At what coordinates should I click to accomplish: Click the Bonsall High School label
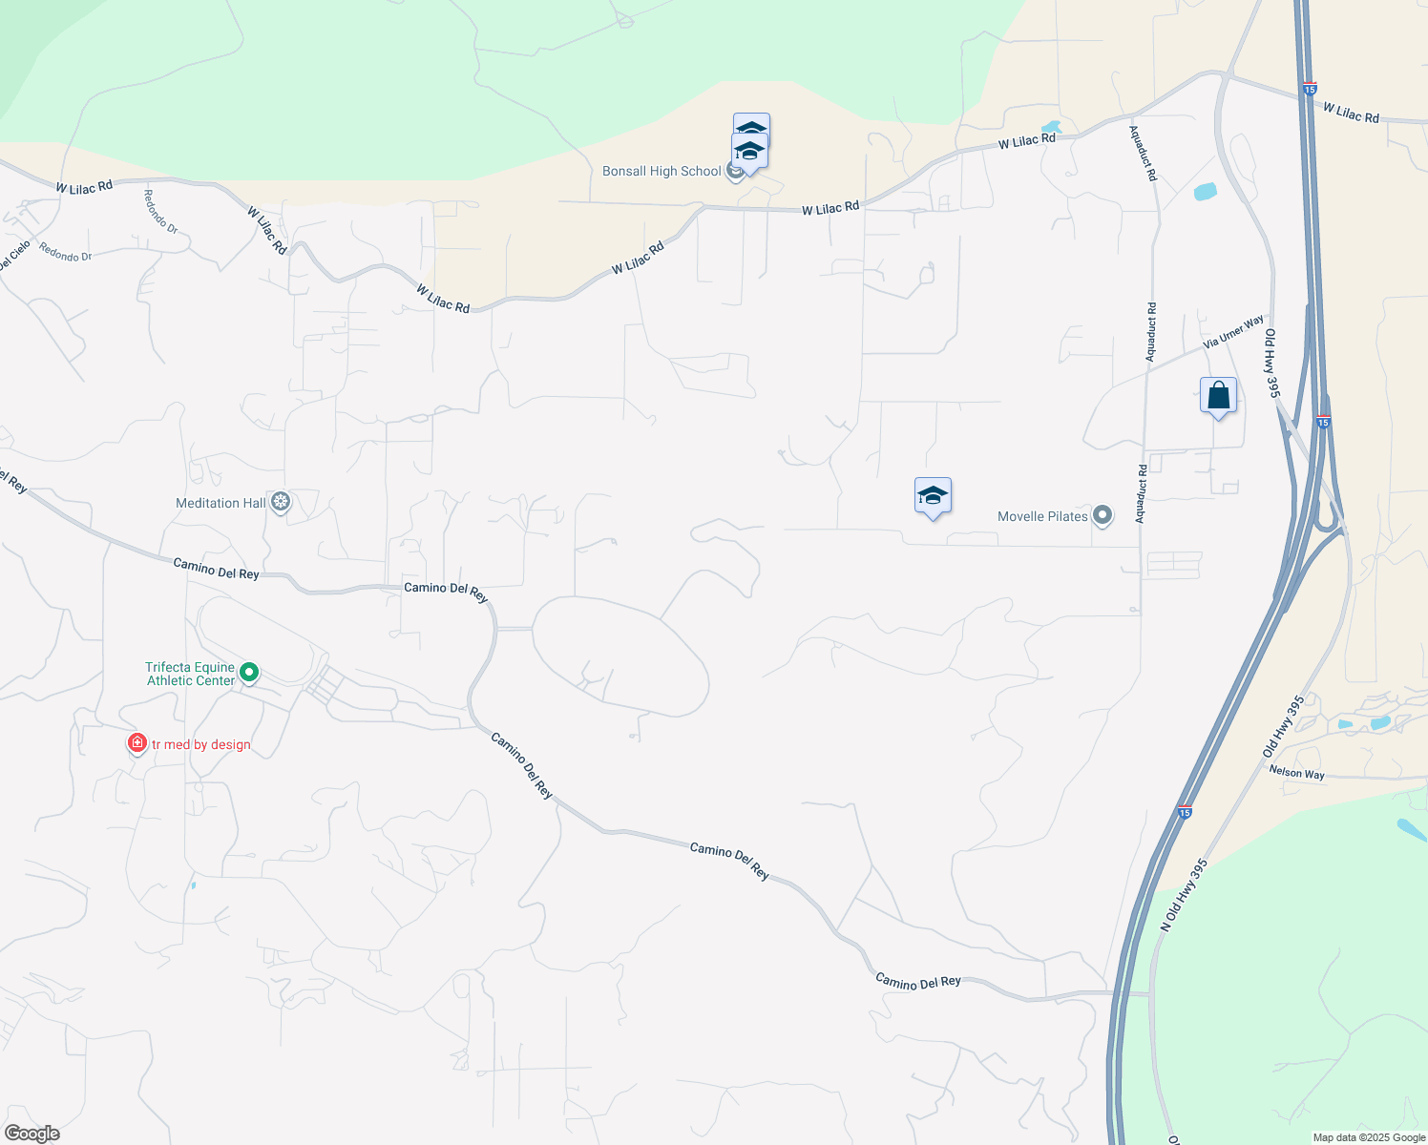(661, 172)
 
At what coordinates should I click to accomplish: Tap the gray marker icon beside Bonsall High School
(734, 172)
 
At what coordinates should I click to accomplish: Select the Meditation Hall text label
(220, 503)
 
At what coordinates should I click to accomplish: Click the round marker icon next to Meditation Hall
(280, 502)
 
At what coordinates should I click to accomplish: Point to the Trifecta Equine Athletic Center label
(190, 674)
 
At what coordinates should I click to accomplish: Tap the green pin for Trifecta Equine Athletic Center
(249, 673)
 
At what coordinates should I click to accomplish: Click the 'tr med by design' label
(201, 744)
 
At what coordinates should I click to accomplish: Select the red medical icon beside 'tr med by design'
(137, 742)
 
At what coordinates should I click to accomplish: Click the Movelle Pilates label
(1042, 516)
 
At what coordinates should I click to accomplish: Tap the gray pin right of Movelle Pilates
(1102, 516)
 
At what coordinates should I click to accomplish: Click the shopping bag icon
(1218, 395)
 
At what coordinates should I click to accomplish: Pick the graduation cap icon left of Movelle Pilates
(933, 495)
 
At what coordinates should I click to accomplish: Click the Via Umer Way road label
(1233, 331)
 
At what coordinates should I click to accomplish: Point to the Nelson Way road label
(1296, 773)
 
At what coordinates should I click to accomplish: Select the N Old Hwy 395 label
(1185, 895)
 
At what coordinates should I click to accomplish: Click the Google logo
(32, 1134)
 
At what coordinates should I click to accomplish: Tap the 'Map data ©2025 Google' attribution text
(1369, 1137)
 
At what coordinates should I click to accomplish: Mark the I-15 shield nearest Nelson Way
(1184, 813)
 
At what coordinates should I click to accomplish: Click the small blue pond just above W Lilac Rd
(1052, 127)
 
